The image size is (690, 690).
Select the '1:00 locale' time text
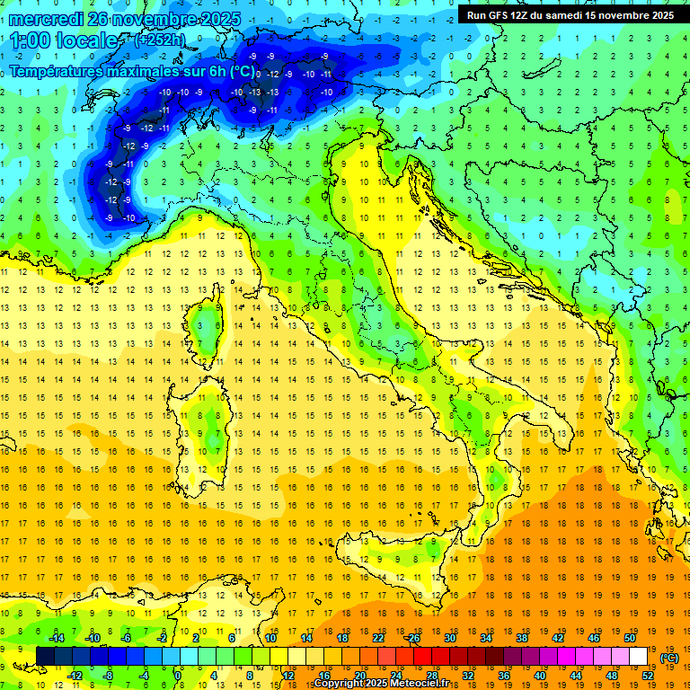pos(65,40)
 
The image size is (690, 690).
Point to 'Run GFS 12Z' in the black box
pos(498,14)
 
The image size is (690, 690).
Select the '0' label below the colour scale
pos(178,676)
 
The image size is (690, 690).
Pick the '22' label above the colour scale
pos(378,637)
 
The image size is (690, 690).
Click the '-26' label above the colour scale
pos(412,637)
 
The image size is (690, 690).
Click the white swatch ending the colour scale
pos(638,656)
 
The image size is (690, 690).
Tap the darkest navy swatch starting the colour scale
pos(45,656)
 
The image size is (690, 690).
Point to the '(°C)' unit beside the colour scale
pos(669,657)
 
